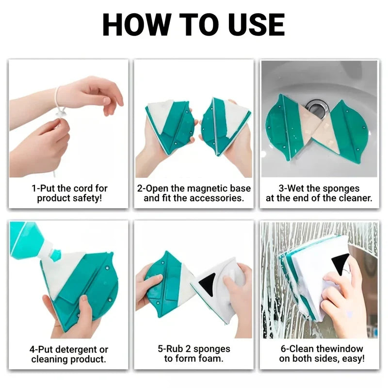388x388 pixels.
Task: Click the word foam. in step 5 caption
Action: tap(212, 359)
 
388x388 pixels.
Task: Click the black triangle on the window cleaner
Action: tap(341, 264)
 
